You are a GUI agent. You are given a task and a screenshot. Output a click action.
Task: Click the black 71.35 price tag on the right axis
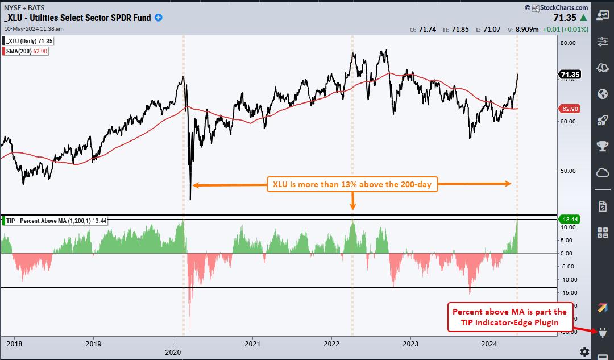569,74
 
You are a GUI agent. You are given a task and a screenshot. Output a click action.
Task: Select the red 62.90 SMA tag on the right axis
569,108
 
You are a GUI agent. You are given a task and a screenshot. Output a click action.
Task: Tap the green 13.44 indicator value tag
569,219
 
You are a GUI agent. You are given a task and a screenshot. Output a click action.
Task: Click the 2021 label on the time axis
252,344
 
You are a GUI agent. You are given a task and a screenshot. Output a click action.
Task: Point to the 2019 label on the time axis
93,344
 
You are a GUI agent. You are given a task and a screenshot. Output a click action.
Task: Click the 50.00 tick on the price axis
569,171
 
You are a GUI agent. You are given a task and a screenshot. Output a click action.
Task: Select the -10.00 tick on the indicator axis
568,279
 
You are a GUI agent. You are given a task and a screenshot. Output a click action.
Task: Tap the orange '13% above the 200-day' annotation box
352,184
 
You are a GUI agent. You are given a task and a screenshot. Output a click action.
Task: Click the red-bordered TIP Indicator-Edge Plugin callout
509,317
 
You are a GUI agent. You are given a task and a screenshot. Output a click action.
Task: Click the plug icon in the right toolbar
603,333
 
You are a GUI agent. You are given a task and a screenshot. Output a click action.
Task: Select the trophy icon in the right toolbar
603,146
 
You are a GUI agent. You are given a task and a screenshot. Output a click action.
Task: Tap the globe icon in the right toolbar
603,94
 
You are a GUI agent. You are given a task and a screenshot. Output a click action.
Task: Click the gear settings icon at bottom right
584,351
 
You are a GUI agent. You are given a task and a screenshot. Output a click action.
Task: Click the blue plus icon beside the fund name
159,18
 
